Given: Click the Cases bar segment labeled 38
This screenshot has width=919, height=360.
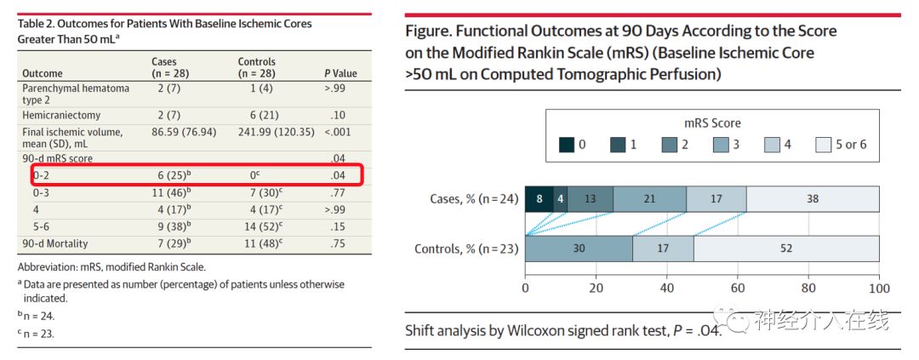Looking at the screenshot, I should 813,199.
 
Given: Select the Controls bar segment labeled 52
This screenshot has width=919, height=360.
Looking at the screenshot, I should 786,249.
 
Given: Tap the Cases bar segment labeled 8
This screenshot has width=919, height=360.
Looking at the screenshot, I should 539,199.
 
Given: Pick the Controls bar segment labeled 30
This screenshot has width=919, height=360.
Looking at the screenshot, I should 579,249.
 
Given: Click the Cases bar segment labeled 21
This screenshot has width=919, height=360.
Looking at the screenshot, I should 649,199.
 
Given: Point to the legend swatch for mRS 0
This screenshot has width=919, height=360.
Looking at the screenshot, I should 566,145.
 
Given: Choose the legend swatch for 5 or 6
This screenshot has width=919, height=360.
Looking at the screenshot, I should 822,145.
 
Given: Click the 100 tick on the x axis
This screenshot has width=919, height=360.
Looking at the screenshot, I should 879,288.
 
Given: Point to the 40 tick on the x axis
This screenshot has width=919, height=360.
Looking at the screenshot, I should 667,288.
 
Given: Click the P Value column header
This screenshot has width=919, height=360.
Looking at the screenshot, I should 340,74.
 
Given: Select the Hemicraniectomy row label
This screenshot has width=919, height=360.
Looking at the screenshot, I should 61,115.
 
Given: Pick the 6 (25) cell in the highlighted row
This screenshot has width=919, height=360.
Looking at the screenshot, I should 170,175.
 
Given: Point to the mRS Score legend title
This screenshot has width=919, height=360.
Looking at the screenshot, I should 712,123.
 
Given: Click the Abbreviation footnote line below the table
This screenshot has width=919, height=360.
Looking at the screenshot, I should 111,267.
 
